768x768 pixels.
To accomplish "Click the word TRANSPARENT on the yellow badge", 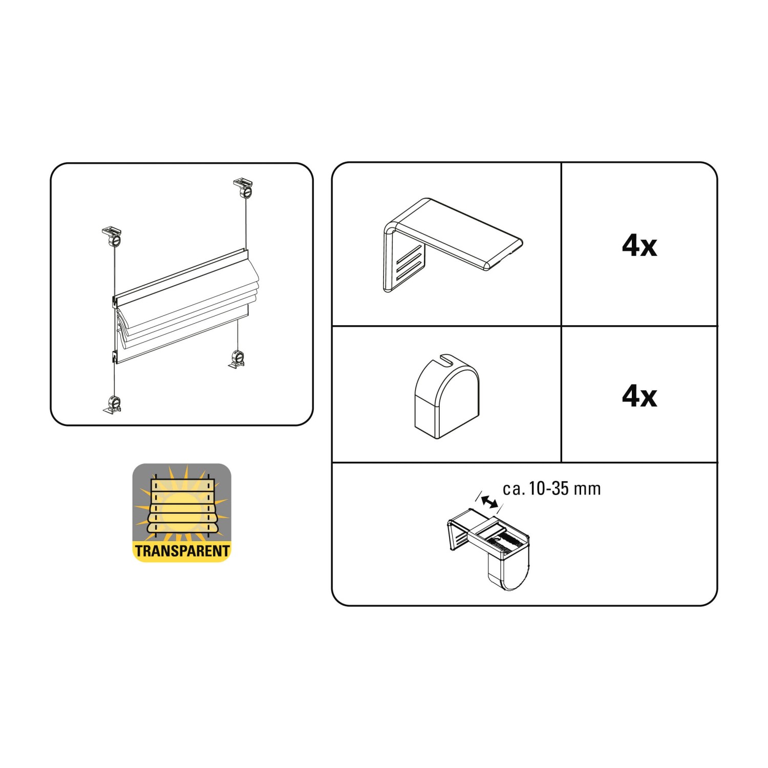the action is point(182,551).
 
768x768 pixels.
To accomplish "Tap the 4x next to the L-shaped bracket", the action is point(639,246).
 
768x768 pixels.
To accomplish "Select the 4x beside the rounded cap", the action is point(639,396).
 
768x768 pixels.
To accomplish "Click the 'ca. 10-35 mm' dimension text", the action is point(551,488).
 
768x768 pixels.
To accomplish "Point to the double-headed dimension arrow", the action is point(489,502).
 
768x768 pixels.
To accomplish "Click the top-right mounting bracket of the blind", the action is point(244,188).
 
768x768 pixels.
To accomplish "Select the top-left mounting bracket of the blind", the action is point(112,237).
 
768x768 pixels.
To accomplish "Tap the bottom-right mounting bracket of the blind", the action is point(237,359).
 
